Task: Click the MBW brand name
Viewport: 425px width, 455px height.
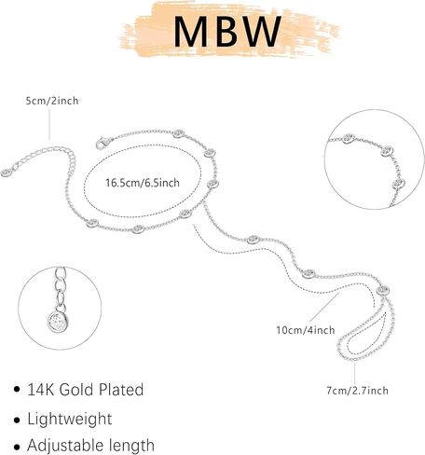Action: (x=227, y=32)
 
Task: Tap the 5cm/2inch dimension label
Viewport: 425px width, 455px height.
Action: (x=52, y=101)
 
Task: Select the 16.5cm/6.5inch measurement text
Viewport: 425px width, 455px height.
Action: (x=143, y=183)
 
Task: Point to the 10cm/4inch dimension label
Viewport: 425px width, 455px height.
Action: (x=306, y=330)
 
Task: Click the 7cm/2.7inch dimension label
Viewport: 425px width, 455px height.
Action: (x=357, y=390)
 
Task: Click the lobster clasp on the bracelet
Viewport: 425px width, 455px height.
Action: (x=103, y=143)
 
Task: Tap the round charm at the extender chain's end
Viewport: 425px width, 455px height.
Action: (x=7, y=172)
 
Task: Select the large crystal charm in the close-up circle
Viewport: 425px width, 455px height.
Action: (x=58, y=322)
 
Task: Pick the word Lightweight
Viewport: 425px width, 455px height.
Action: (x=70, y=419)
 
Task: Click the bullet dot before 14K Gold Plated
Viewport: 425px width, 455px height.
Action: (x=17, y=390)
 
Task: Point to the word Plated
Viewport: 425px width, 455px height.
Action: (x=121, y=390)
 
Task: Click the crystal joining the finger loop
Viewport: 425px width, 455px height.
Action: (x=383, y=291)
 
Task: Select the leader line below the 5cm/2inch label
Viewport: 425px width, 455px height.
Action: (x=49, y=124)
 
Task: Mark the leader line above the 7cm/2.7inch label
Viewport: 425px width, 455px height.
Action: (x=354, y=373)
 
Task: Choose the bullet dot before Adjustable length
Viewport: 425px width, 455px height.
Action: (x=17, y=448)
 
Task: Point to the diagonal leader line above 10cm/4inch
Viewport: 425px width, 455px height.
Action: (x=324, y=307)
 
